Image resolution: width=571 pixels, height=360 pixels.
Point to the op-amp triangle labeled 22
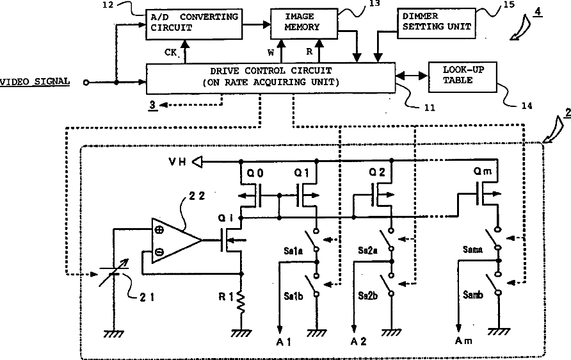[x=177, y=240]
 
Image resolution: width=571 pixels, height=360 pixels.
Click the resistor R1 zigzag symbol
[x=241, y=302]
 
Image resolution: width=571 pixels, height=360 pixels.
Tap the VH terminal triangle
[x=197, y=161]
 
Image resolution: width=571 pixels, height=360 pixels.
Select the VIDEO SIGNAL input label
[x=35, y=81]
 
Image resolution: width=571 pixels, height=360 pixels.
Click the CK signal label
[x=170, y=53]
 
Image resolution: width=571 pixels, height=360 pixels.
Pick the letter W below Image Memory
[x=271, y=53]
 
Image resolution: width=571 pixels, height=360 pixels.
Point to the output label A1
[x=284, y=342]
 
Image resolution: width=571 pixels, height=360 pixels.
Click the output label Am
[x=463, y=341]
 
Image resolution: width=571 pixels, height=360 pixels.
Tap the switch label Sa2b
[x=368, y=296]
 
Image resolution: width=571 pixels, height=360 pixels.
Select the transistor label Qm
[x=483, y=171]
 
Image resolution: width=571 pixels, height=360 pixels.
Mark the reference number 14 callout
[x=527, y=106]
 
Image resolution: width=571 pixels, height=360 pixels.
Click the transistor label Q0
[x=255, y=174]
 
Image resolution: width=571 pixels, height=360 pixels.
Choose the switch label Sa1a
[x=293, y=250]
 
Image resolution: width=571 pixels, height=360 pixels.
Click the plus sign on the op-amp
[x=159, y=230]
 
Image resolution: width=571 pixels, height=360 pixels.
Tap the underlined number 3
[x=152, y=105]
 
